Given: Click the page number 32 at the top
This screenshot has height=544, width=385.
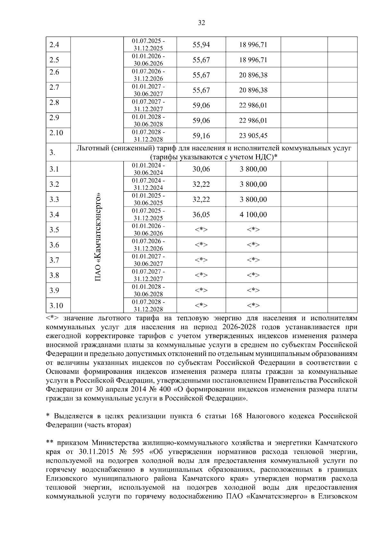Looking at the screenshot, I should click(201, 23).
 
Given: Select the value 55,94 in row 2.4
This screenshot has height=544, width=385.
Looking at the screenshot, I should click(201, 45).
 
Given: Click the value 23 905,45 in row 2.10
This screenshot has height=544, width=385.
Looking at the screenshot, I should click(253, 136).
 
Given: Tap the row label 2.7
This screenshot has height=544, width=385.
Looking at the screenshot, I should click(54, 87).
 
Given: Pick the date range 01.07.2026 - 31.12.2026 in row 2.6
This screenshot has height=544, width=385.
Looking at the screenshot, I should click(149, 75).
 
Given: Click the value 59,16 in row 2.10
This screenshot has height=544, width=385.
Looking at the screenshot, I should click(201, 136).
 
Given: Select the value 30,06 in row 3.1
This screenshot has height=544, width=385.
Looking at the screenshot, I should click(201, 169).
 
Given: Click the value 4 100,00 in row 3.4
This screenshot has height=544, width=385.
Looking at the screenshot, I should click(253, 215).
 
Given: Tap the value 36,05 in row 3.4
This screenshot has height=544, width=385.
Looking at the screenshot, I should click(201, 215).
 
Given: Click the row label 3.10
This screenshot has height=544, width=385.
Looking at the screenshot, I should click(56, 306).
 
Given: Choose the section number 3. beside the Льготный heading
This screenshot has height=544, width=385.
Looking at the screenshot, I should click(52, 153).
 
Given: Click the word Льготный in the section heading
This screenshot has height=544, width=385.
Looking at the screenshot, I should click(90, 148).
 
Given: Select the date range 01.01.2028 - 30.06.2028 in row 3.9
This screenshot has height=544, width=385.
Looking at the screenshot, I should click(149, 290).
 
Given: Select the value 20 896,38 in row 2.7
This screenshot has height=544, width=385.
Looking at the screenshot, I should click(253, 90).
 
